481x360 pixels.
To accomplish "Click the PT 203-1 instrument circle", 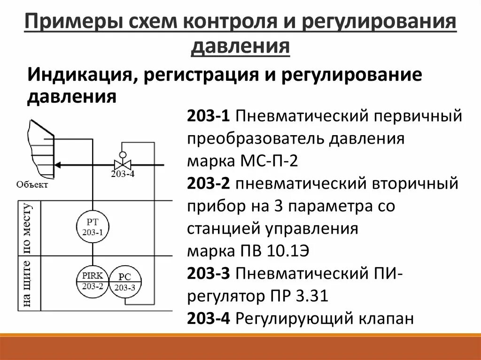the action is tap(93, 226).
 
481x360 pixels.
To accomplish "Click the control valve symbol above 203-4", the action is tap(122, 164).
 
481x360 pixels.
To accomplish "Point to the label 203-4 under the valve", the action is tap(122, 174).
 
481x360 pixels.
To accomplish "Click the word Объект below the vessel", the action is tap(32, 184).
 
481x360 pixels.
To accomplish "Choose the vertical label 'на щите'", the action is tap(28, 283).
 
